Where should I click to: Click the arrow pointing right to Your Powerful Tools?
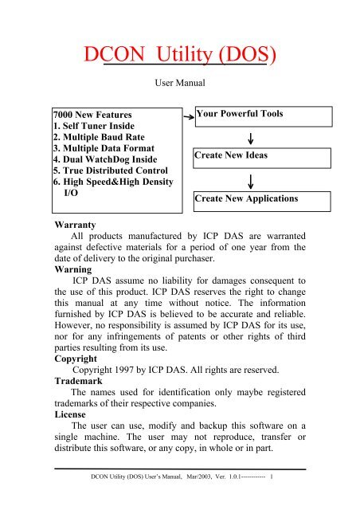point(184,117)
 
